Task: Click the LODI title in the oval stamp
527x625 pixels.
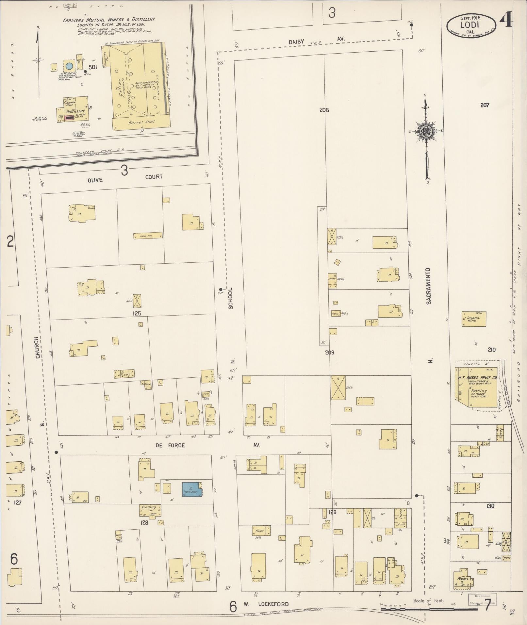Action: tap(470, 25)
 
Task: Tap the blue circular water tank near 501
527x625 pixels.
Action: tap(69, 66)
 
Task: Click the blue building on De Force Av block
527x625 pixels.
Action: tap(192, 490)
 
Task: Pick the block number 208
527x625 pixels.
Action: tap(324, 110)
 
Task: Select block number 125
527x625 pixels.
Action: tap(137, 313)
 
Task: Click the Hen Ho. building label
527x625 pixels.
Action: tap(148, 236)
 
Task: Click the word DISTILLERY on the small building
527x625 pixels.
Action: tap(75, 111)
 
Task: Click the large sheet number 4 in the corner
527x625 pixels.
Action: tap(506, 22)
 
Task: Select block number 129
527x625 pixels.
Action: tap(332, 512)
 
